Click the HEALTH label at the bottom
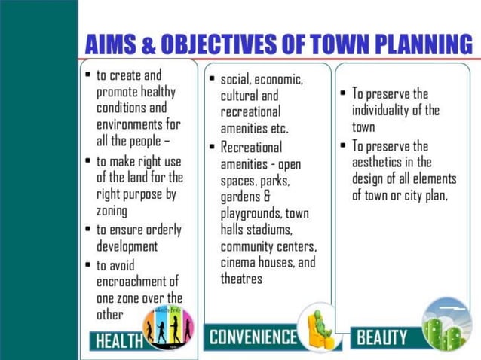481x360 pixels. [x=119, y=340]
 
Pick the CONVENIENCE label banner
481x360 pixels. [x=253, y=336]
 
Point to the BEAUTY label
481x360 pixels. [x=381, y=337]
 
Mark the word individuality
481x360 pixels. [x=385, y=111]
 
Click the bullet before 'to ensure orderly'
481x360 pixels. [x=88, y=230]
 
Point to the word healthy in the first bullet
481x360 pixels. [x=154, y=92]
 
